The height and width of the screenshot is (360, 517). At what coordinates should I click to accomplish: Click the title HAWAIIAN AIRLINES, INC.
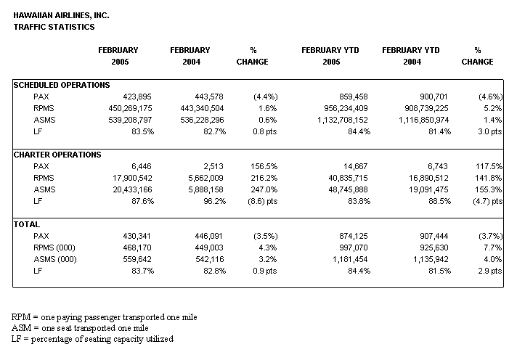[x=61, y=15]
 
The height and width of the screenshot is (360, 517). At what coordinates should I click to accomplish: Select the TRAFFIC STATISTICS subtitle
[x=54, y=27]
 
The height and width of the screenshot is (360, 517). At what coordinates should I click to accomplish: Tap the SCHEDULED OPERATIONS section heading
[x=62, y=85]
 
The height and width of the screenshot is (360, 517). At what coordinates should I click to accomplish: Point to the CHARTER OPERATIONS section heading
[x=57, y=155]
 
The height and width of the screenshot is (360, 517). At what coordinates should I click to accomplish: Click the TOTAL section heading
[x=27, y=224]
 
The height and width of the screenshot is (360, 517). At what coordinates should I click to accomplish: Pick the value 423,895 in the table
[x=137, y=97]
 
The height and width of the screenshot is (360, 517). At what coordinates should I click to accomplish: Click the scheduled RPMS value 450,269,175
[x=130, y=108]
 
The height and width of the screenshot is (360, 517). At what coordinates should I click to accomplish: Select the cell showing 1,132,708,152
[x=342, y=120]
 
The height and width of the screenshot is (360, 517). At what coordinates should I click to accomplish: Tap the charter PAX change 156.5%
[x=264, y=166]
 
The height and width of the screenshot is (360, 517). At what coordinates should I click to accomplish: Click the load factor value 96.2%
[x=214, y=201]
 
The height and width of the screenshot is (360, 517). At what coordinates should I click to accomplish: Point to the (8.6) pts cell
[x=262, y=201]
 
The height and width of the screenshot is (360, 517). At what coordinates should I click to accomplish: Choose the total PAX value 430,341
[x=137, y=236]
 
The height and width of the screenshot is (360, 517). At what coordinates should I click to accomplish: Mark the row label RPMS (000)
[x=54, y=247]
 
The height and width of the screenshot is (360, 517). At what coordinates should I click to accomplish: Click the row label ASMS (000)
[x=55, y=259]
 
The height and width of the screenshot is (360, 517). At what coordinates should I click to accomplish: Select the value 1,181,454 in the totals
[x=350, y=259]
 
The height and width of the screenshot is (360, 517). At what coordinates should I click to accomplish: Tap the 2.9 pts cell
[x=490, y=271]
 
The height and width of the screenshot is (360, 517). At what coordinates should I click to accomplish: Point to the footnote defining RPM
[x=104, y=317]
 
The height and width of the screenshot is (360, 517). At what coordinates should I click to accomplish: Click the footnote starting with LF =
[x=92, y=339]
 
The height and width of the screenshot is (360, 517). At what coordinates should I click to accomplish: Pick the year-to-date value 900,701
[x=433, y=97]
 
